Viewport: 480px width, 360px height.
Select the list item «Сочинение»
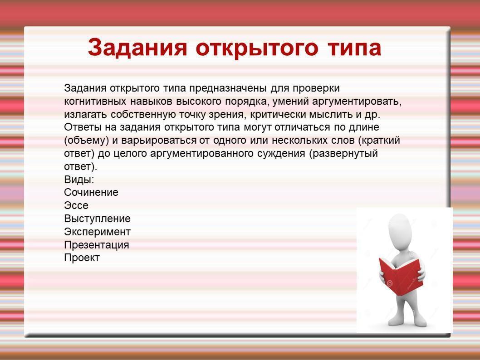click(91, 192)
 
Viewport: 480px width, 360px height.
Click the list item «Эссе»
click(76, 205)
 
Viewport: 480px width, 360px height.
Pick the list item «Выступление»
click(98, 219)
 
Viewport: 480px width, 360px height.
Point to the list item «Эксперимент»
click(98, 232)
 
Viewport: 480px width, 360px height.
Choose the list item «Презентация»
click(97, 245)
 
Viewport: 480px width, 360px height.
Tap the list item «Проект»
click(82, 258)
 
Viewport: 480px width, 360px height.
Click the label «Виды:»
click(79, 179)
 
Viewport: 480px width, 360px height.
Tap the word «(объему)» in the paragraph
click(87, 141)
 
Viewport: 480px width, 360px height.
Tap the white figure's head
click(400, 230)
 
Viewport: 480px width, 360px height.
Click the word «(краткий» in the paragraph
click(379, 141)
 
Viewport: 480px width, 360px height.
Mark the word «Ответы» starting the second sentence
click(81, 127)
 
